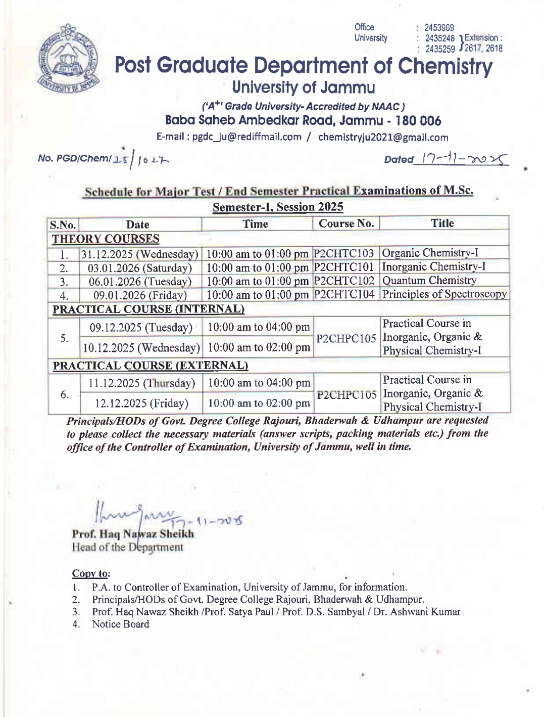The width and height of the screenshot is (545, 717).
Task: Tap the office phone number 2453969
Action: (439, 28)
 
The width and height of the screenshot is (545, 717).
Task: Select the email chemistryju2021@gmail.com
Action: (383, 137)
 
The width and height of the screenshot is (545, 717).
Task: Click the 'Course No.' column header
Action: (346, 223)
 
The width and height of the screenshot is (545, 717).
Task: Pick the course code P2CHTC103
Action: (344, 253)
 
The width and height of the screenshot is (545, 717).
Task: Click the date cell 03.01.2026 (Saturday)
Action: (140, 268)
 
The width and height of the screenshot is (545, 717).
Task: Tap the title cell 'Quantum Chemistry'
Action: (429, 281)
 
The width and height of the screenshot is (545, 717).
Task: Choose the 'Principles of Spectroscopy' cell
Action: (444, 294)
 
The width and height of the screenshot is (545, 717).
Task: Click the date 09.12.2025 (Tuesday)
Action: (141, 328)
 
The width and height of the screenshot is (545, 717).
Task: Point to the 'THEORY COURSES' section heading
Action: (106, 239)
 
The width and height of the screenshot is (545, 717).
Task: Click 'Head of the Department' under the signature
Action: (128, 547)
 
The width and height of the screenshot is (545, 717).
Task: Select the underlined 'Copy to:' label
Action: (91, 573)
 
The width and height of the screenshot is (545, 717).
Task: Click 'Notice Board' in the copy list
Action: (120, 624)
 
